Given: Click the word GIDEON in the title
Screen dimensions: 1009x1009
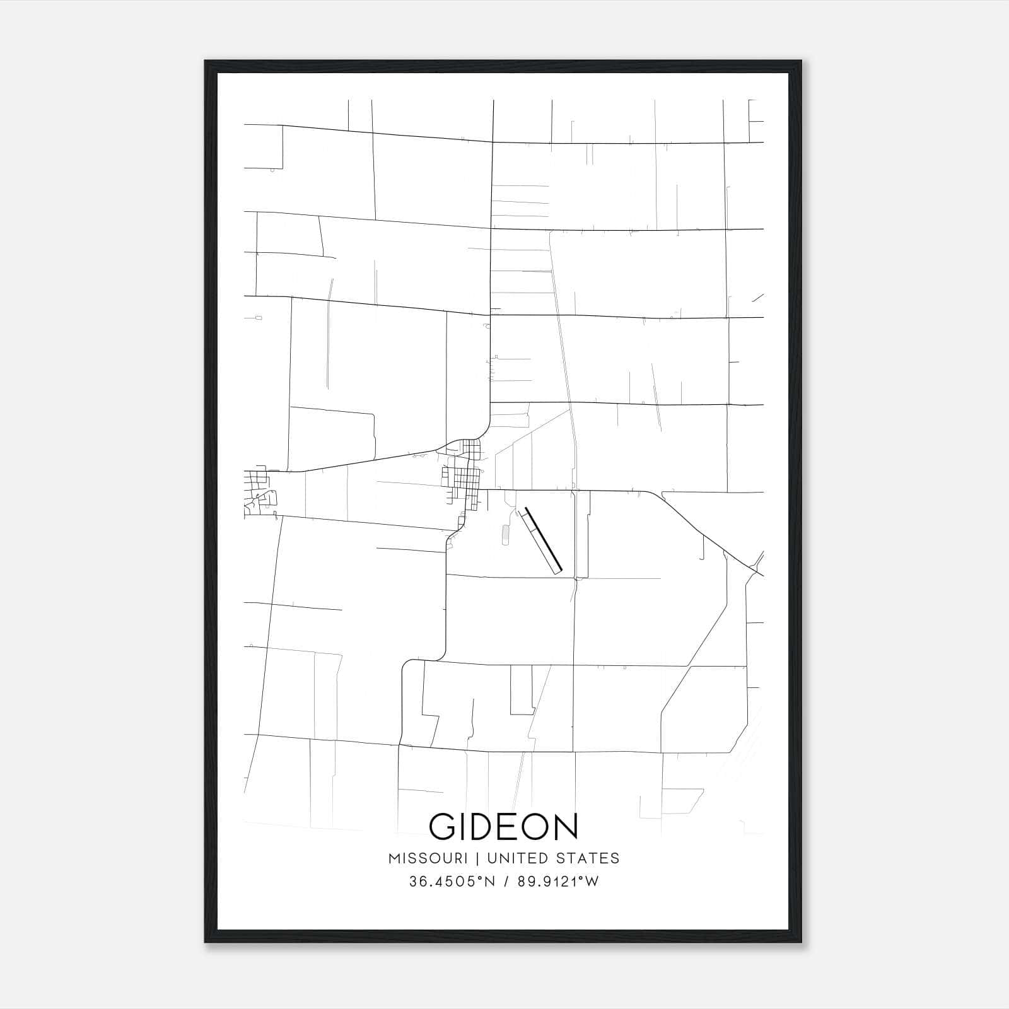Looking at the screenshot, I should coord(503,827).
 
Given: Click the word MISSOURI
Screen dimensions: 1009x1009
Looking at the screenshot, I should coord(428,858).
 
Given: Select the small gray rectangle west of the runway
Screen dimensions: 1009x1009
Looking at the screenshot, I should coord(504,534).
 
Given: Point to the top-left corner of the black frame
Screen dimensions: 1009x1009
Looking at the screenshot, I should coord(206,62).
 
